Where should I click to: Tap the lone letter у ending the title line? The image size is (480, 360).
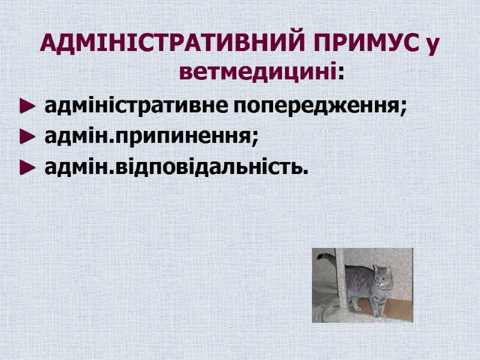pyautogui.click(x=430, y=45)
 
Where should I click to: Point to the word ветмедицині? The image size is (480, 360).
pyautogui.click(x=257, y=73)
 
